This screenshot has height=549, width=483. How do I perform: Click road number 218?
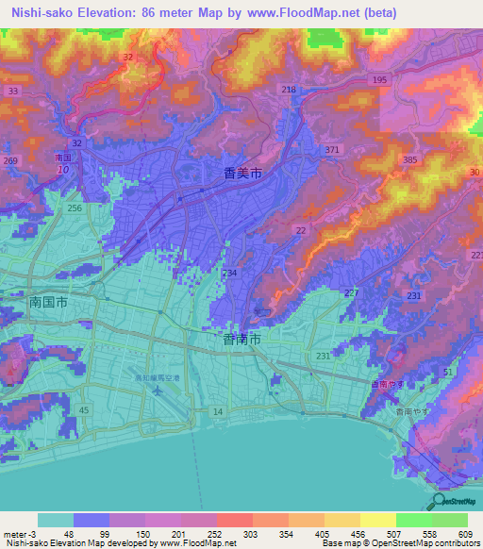click(x=289, y=89)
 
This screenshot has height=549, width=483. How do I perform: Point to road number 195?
click(x=380, y=81)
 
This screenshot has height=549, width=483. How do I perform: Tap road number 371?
click(x=332, y=150)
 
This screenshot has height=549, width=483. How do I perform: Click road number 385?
click(x=409, y=160)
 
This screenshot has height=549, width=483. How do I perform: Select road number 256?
click(x=75, y=208)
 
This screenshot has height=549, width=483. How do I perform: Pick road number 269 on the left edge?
click(x=10, y=161)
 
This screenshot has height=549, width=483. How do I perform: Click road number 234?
click(x=229, y=272)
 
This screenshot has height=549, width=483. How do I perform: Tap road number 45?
click(x=84, y=409)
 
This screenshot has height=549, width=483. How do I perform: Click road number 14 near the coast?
click(x=218, y=412)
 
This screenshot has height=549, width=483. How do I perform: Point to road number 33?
click(x=12, y=91)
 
